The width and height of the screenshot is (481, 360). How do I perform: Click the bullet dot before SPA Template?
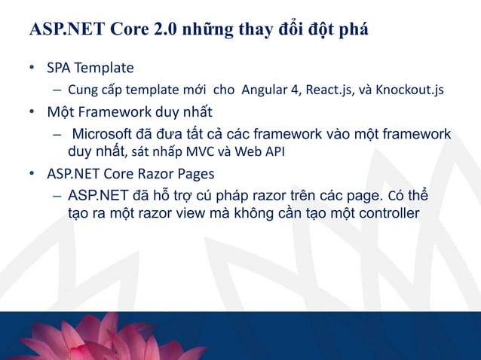tap(32, 69)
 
